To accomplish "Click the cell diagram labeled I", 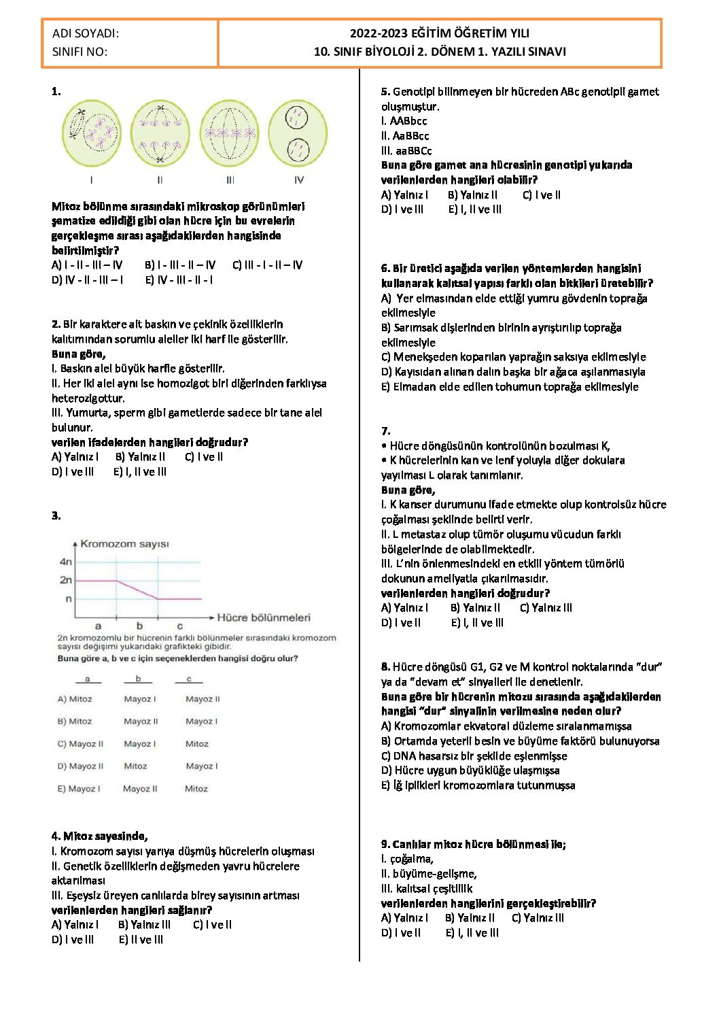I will (x=91, y=134).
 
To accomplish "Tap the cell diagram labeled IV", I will (x=298, y=134).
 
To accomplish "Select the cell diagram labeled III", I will (x=230, y=134).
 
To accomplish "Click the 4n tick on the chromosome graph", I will (x=66, y=562).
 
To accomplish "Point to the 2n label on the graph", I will (x=65, y=580).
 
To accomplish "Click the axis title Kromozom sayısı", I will (x=124, y=544).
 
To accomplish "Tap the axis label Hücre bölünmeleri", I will (x=263, y=617).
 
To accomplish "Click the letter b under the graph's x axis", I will (x=139, y=626).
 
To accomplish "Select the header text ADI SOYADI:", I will (x=86, y=33).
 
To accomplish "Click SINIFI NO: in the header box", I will (x=80, y=52).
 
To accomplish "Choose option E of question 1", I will (x=179, y=280).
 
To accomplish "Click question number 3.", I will (x=56, y=516).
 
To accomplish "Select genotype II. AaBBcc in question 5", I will (x=405, y=136).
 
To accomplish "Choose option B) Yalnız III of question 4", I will (x=144, y=925).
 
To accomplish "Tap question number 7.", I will (x=385, y=431).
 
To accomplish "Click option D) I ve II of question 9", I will (x=401, y=933).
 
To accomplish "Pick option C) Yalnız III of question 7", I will (x=546, y=608).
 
